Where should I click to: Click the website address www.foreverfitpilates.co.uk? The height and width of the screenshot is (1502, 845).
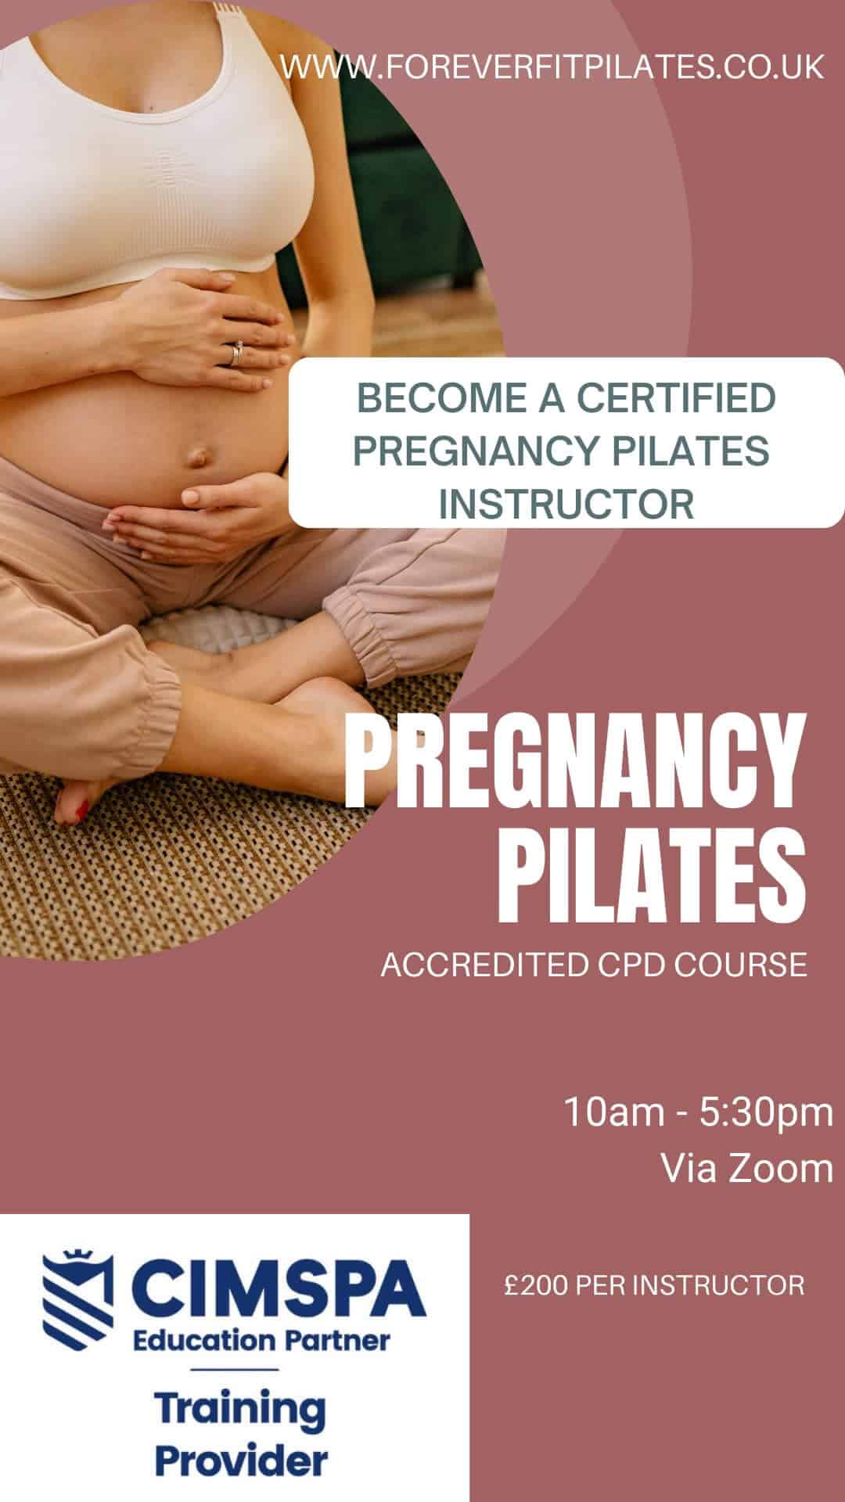[x=552, y=66]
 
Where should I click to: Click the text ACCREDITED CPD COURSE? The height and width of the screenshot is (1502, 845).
[x=594, y=965]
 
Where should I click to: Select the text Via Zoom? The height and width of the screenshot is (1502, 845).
[x=747, y=1168]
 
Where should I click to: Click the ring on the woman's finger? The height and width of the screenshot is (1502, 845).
[x=236, y=354]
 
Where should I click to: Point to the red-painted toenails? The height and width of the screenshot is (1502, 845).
[x=81, y=814]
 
